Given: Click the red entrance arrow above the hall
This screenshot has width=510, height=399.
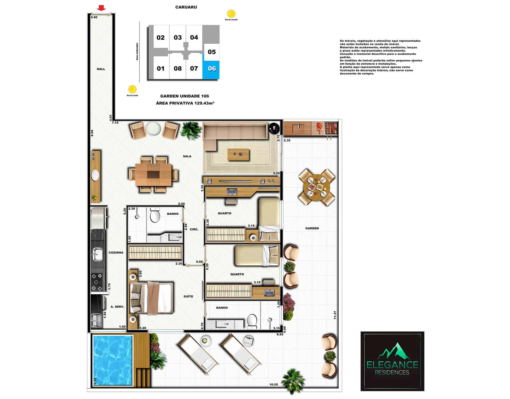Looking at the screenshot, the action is click(x=101, y=8).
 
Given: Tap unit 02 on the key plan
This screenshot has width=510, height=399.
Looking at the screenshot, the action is click(x=161, y=38).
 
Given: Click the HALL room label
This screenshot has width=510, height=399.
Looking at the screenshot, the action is click(x=101, y=69).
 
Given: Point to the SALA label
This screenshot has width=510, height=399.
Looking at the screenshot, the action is click(x=187, y=156).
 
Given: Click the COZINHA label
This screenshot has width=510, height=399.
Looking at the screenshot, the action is click(x=116, y=253).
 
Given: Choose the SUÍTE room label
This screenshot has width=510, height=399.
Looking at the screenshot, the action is click(x=188, y=296).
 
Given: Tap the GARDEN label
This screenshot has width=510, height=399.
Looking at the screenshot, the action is click(x=312, y=228).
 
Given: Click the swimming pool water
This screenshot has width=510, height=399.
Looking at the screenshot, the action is click(x=112, y=360).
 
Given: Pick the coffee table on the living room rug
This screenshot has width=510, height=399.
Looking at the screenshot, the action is click(x=238, y=155).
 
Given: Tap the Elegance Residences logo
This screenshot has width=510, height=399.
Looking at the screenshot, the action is click(x=392, y=361).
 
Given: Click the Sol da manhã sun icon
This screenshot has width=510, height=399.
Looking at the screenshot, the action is click(x=231, y=14).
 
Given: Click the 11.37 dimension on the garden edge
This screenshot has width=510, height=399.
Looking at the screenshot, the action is click(x=335, y=315).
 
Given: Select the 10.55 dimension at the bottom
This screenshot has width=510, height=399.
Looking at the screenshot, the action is click(x=274, y=385).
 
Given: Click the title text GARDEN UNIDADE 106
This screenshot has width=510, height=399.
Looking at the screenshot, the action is click(x=185, y=96).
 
